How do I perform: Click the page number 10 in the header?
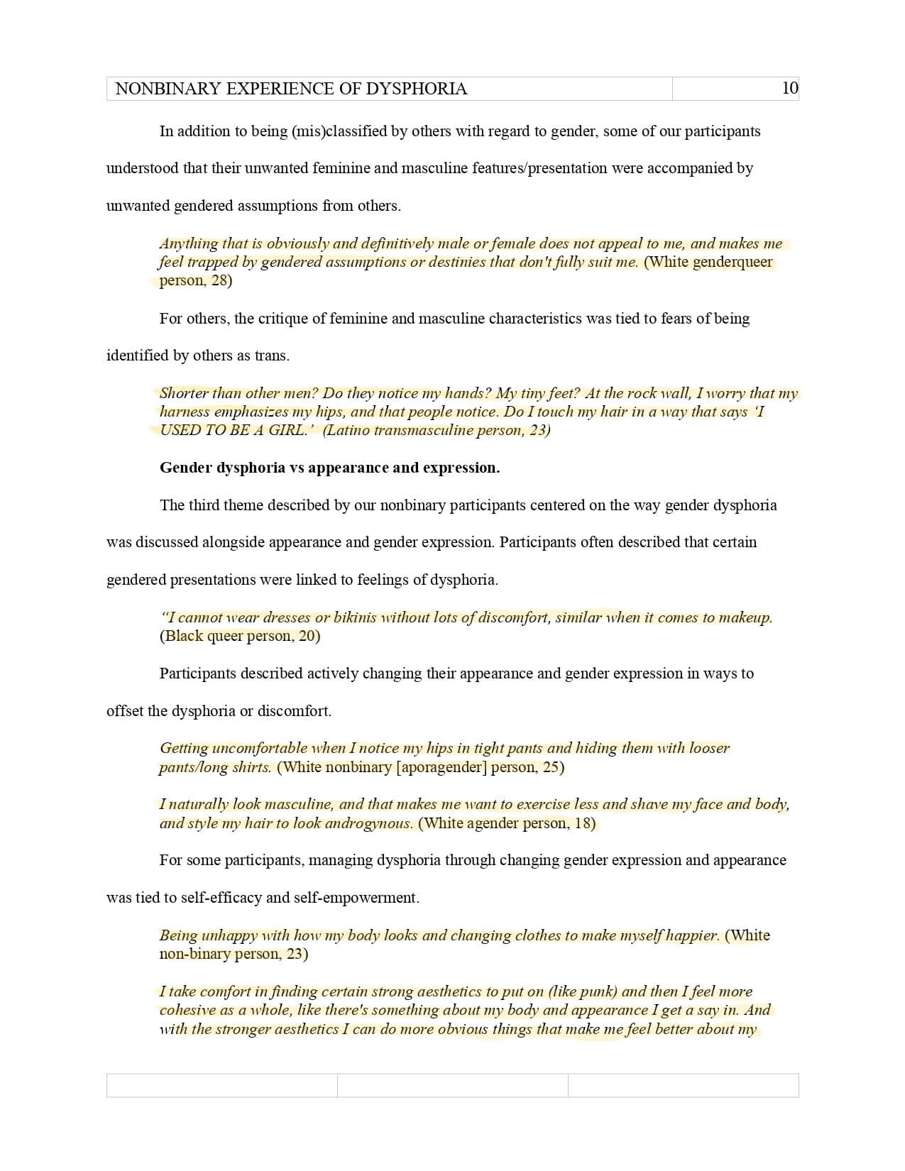click(789, 88)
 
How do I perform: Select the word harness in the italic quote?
click(185, 412)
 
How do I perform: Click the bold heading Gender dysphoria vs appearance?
click(329, 468)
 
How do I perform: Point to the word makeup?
click(745, 617)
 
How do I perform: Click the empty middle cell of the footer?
click(452, 1085)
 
